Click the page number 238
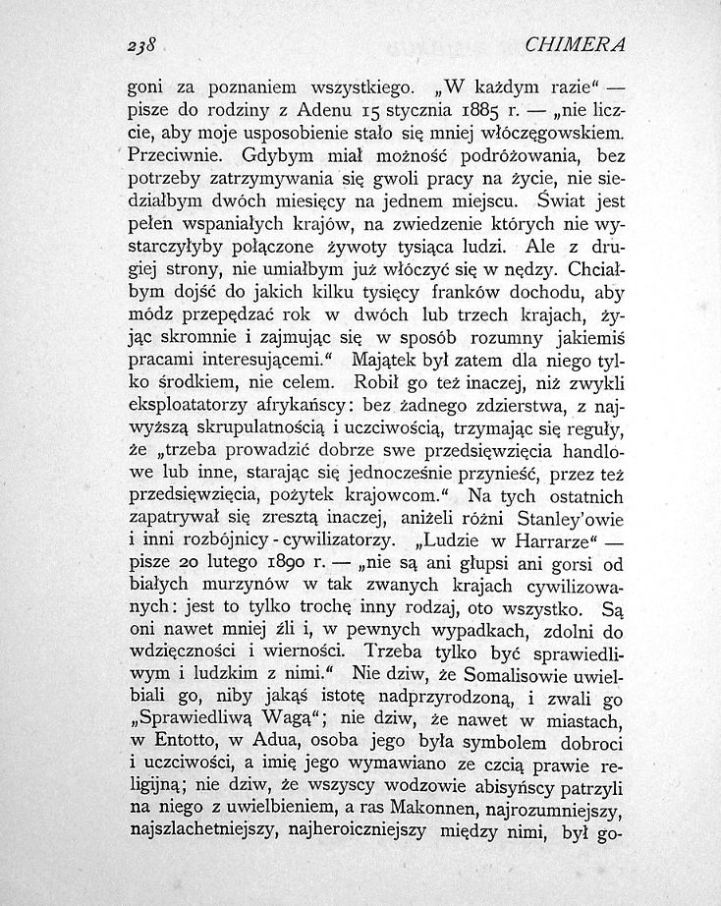(x=140, y=45)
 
